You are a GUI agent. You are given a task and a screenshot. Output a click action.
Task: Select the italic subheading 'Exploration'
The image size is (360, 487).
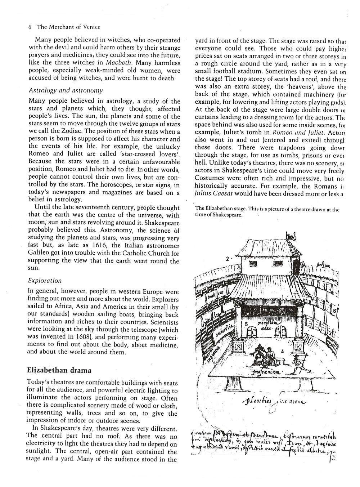click(45, 280)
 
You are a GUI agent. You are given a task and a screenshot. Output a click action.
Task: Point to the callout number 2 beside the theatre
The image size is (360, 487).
click(228, 259)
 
